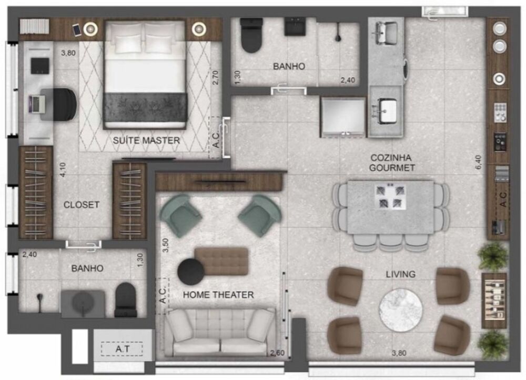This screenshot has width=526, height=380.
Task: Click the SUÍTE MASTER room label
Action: (147, 141)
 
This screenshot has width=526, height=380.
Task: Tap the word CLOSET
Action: (81, 205)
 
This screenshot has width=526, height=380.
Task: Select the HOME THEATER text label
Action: (218, 295)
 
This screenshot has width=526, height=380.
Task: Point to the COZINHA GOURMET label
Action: (392, 163)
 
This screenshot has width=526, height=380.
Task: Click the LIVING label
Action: (400, 274)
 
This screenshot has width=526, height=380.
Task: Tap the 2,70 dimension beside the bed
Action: (215, 78)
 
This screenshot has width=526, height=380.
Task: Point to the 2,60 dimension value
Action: (277, 353)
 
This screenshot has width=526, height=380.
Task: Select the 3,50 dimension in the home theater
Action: (165, 246)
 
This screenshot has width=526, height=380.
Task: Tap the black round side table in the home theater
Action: (190, 272)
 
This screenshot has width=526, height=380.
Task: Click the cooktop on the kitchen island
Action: (389, 196)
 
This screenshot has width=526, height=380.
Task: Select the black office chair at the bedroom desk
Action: (64, 103)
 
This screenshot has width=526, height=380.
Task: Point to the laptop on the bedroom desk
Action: (36, 103)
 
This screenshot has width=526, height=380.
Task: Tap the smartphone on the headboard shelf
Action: (77, 30)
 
